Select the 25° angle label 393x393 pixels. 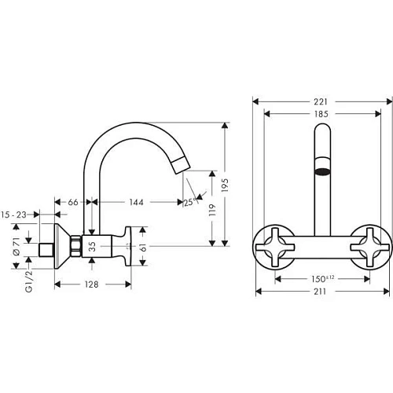click(188, 202)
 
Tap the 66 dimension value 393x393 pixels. click(73, 202)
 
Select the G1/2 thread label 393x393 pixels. click(15, 277)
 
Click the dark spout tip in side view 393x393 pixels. click(179, 163)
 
